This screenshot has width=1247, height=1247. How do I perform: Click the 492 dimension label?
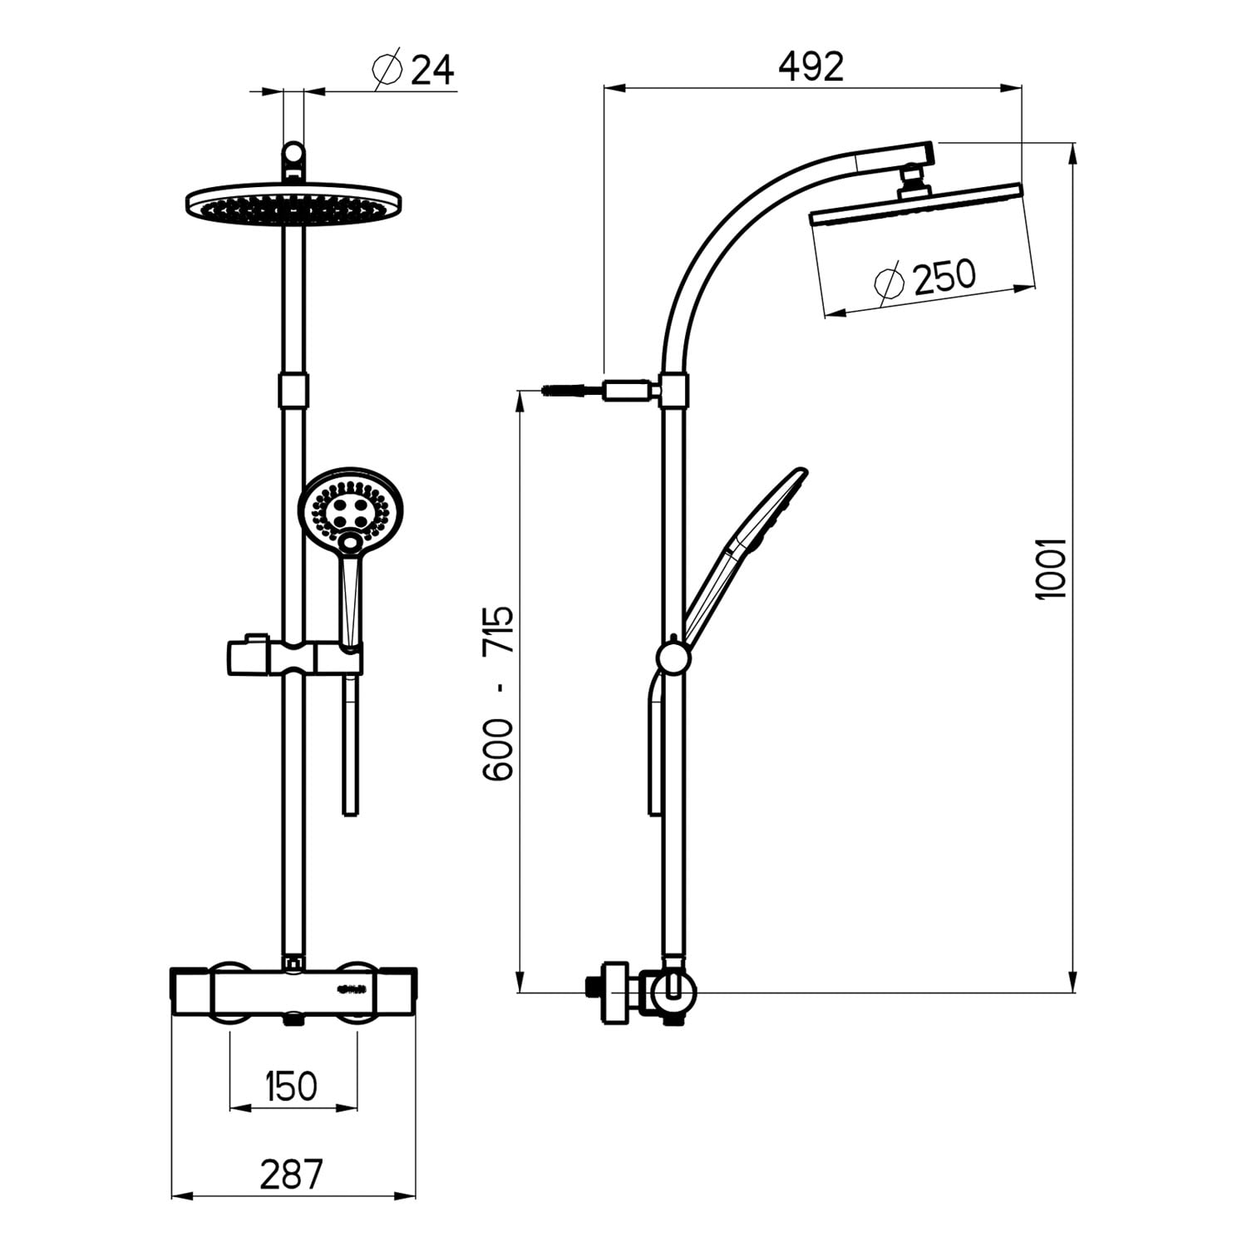(811, 67)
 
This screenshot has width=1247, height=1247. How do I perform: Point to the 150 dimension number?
(292, 1087)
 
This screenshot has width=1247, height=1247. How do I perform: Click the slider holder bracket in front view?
(293, 656)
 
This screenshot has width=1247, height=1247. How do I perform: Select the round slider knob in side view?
(673, 658)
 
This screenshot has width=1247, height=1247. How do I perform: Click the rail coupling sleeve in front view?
(293, 390)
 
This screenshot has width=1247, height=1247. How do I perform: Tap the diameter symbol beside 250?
(889, 280)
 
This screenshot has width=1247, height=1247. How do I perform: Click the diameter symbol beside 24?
(389, 70)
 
